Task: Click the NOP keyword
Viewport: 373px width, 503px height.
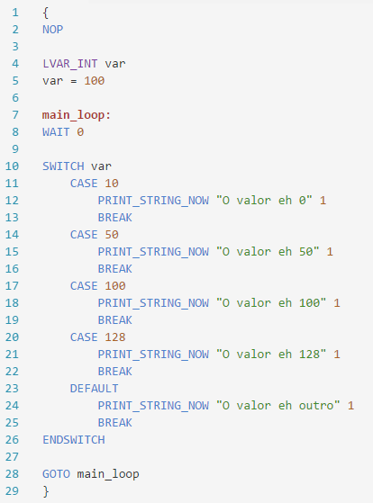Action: [x=52, y=30]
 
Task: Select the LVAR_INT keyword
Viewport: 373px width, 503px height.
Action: [x=70, y=64]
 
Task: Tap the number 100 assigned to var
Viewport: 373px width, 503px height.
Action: [x=95, y=80]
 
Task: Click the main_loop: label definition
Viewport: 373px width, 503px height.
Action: [x=77, y=115]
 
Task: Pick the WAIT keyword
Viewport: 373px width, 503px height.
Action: [x=56, y=132]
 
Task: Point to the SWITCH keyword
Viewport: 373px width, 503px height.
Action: [x=63, y=166]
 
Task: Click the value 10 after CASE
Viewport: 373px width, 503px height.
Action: [x=112, y=184]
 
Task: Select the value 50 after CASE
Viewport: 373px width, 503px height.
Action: [x=112, y=235]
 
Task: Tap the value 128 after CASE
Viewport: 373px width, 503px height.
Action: [x=115, y=337]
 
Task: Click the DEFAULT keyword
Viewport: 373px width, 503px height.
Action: [x=94, y=389]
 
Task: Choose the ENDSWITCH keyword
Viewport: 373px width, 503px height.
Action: [x=74, y=440]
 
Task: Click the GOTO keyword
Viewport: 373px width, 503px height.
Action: [x=56, y=474]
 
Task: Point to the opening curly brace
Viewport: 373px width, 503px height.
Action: [x=46, y=13]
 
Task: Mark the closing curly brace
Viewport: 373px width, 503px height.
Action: [x=46, y=491]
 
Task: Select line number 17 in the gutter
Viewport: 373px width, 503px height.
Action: [x=12, y=286]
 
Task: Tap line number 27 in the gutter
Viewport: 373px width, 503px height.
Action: [x=12, y=457]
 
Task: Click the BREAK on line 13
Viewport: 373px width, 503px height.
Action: [x=115, y=218]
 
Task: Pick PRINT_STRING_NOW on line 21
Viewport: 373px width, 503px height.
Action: [x=153, y=355]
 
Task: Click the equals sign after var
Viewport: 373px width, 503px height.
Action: [x=74, y=81]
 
